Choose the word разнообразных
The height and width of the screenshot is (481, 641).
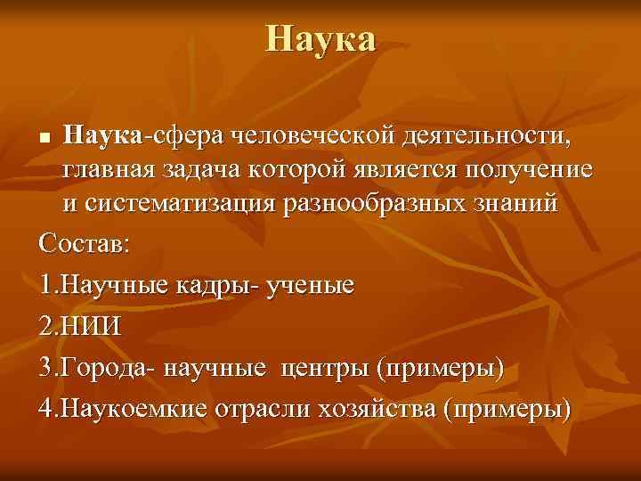[368, 203]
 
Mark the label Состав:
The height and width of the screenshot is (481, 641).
[85, 244]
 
